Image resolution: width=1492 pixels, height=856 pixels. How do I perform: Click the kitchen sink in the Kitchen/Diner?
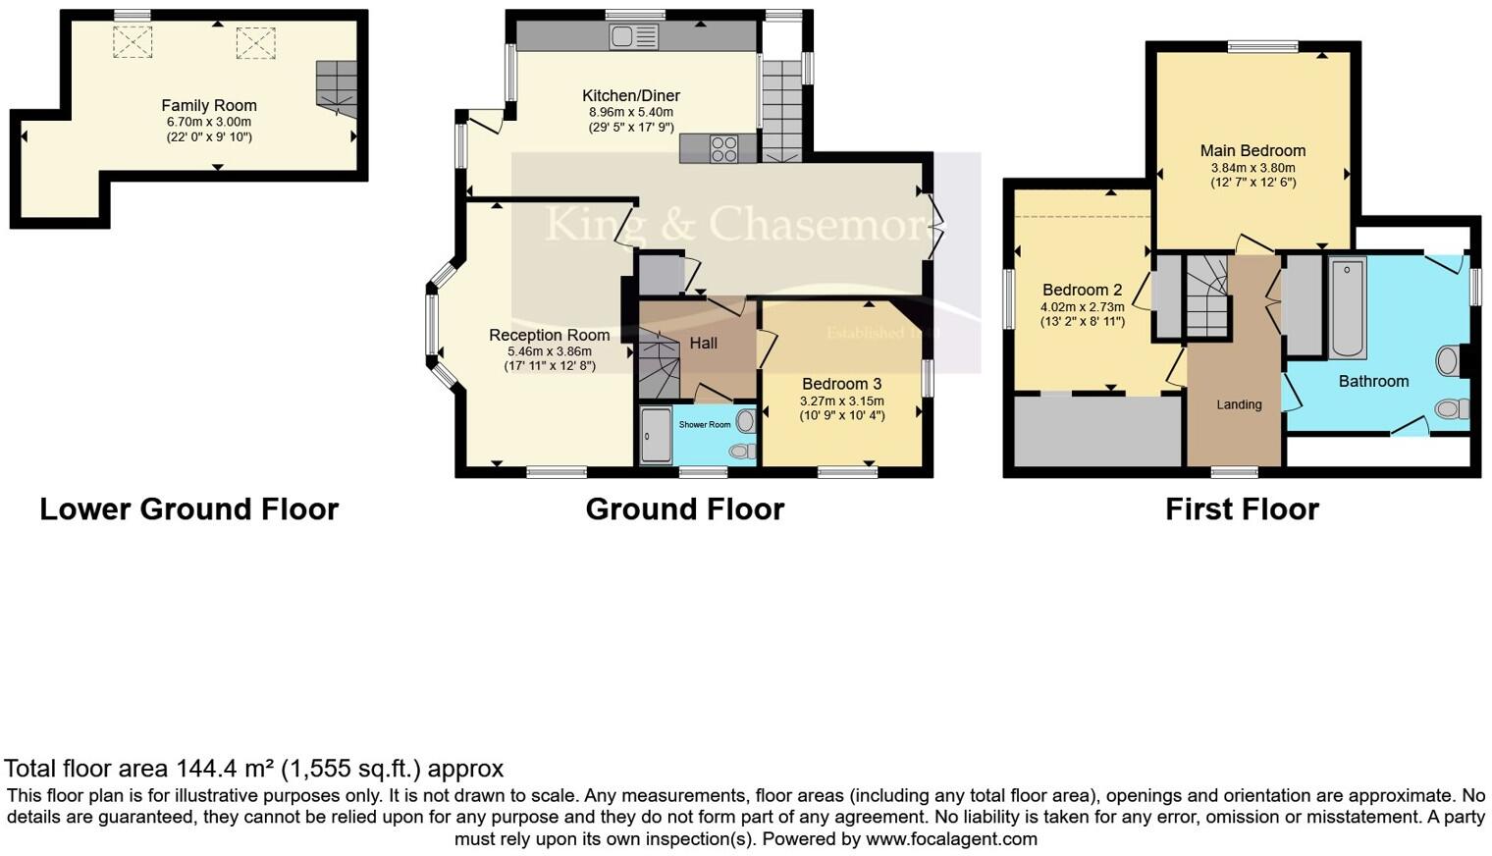pos(633,37)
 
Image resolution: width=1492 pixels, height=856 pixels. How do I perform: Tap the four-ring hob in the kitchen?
pos(723,149)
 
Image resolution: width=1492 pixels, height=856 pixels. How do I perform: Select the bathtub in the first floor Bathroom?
pos(1347,308)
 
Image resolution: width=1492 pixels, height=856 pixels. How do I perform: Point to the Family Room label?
pos(209,105)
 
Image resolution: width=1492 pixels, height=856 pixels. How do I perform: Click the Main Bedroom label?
pos(1252,150)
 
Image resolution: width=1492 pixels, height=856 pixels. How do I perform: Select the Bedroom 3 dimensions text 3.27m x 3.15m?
pos(841,401)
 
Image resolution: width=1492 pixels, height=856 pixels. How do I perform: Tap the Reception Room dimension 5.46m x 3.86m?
pos(549,351)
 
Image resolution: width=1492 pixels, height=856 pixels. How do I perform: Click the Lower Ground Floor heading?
pos(188,508)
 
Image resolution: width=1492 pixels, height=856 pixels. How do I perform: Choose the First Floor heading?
pos(1242,508)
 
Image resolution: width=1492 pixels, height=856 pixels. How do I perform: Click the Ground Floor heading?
pos(684,508)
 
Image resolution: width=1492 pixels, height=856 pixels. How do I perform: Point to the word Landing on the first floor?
pos(1239,404)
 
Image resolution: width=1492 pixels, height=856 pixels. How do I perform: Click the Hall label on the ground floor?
pos(703,343)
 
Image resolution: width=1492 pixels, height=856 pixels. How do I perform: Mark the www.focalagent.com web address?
pos(951,839)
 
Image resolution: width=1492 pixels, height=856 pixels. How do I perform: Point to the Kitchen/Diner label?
pos(630,95)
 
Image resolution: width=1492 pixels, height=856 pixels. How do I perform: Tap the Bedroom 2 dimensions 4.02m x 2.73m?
pos(1082,306)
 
